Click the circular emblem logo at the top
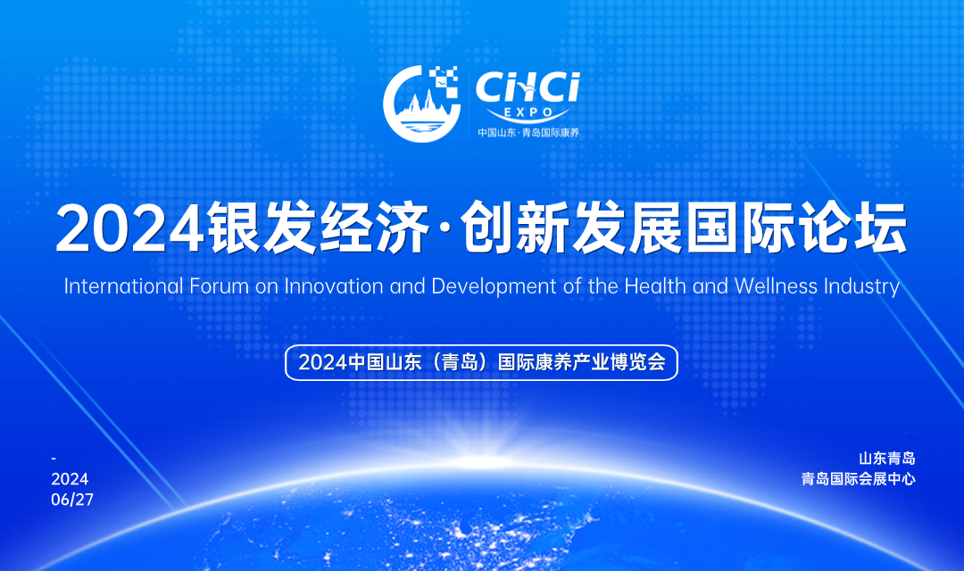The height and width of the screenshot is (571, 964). (x=421, y=103)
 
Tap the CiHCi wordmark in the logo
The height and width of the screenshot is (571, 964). (x=528, y=88)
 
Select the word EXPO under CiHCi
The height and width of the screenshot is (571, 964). (x=528, y=112)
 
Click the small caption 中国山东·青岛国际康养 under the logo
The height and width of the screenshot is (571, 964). (x=528, y=132)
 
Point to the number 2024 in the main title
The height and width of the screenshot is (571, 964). (x=129, y=228)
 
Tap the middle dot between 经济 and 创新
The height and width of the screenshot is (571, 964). (x=446, y=228)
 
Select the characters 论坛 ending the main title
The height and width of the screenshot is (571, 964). (x=852, y=228)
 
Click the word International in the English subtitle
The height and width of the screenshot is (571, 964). (x=123, y=286)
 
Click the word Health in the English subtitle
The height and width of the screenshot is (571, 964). (x=655, y=286)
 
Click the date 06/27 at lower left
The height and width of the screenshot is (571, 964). (x=72, y=500)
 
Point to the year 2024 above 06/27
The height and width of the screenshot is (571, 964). (x=71, y=479)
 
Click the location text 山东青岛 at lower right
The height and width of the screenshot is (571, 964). (x=887, y=458)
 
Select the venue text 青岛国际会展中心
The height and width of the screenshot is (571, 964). (x=859, y=479)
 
